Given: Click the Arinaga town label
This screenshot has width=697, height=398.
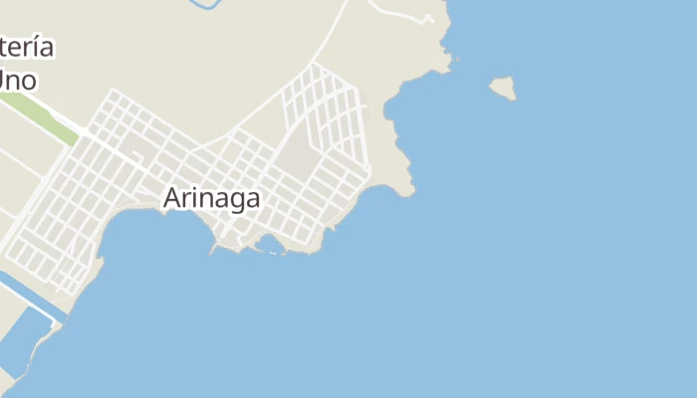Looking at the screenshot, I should (x=211, y=198).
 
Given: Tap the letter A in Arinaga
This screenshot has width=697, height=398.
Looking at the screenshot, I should (x=171, y=198).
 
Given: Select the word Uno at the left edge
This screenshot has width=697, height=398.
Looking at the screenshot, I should (x=18, y=80).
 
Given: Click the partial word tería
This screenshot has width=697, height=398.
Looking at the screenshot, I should (x=26, y=47).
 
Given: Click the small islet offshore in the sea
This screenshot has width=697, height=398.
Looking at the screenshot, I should (x=504, y=89).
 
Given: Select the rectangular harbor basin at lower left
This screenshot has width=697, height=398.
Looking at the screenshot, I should (x=22, y=338).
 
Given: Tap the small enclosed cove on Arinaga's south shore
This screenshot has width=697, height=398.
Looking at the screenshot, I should (x=269, y=243).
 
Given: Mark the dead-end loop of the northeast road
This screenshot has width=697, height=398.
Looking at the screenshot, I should (x=428, y=19).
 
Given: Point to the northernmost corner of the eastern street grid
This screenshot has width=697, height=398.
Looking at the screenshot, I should (x=315, y=65).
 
